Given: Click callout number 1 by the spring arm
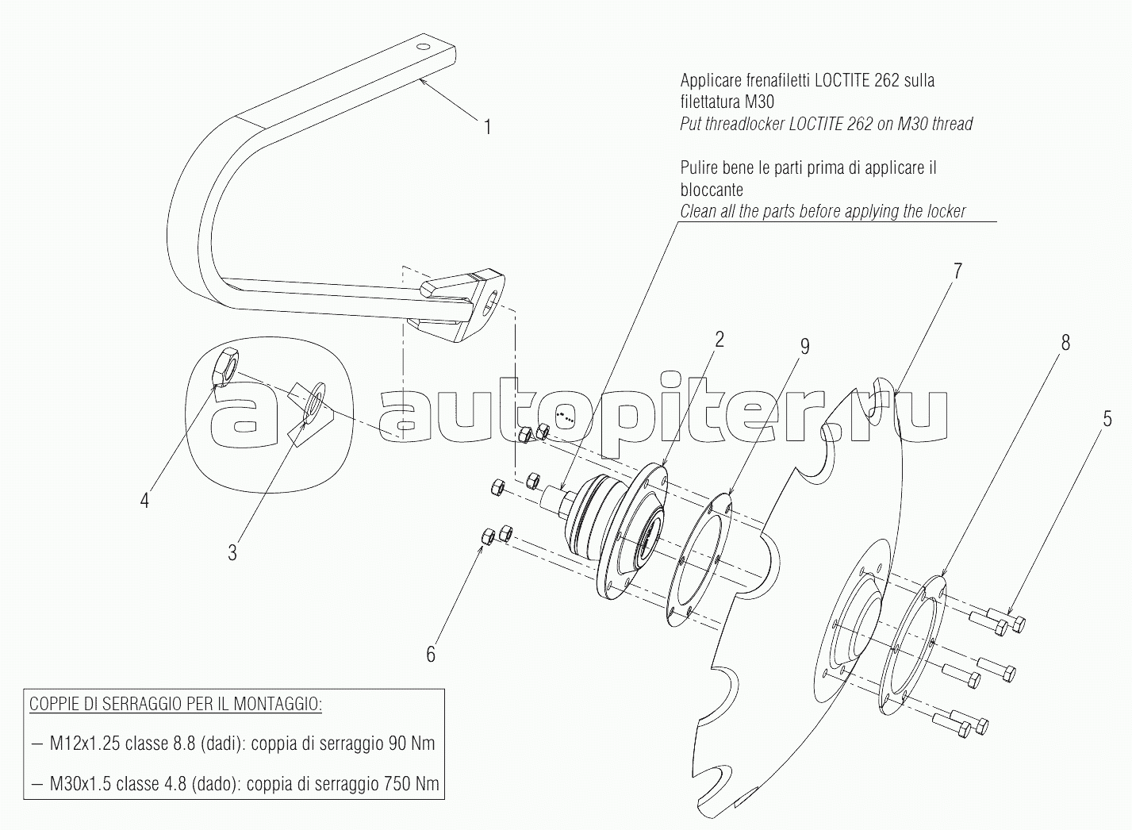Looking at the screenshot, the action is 488,128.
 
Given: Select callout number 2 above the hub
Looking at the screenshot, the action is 719,340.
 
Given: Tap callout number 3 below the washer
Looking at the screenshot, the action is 232,553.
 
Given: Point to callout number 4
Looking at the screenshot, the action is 145,501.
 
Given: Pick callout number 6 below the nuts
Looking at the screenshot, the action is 431,655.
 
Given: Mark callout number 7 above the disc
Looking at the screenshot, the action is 957,271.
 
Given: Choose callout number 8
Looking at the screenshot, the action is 1065,343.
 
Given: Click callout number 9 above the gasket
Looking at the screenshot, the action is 804,346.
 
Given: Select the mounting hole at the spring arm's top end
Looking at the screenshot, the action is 423,47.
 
